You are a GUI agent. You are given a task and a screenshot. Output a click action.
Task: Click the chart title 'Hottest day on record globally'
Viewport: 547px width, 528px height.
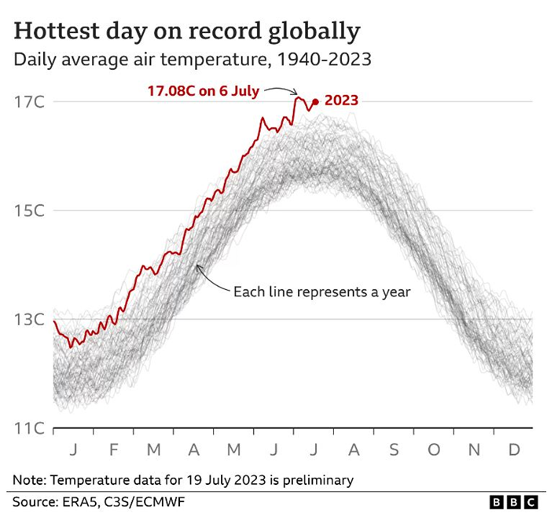click(x=187, y=31)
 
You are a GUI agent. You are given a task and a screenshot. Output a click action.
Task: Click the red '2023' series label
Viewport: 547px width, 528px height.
click(x=341, y=101)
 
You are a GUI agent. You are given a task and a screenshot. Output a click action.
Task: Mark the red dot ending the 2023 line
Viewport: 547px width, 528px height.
click(x=315, y=101)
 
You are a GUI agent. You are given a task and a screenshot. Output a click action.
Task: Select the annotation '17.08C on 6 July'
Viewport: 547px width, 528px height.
click(x=203, y=90)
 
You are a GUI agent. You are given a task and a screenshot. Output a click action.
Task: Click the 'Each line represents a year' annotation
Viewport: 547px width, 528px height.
click(x=321, y=291)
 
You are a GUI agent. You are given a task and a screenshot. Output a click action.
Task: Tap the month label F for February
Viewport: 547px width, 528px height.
click(x=113, y=450)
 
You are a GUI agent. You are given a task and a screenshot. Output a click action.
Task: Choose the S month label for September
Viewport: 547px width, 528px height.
click(x=394, y=450)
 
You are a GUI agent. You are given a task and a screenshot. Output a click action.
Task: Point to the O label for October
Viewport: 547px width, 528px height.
click(x=434, y=450)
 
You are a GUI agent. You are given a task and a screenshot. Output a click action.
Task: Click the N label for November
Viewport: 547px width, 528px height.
click(x=474, y=450)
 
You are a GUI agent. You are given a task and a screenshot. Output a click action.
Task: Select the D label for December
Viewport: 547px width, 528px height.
click(x=514, y=450)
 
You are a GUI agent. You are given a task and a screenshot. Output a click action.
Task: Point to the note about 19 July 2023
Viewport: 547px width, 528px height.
click(x=183, y=479)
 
